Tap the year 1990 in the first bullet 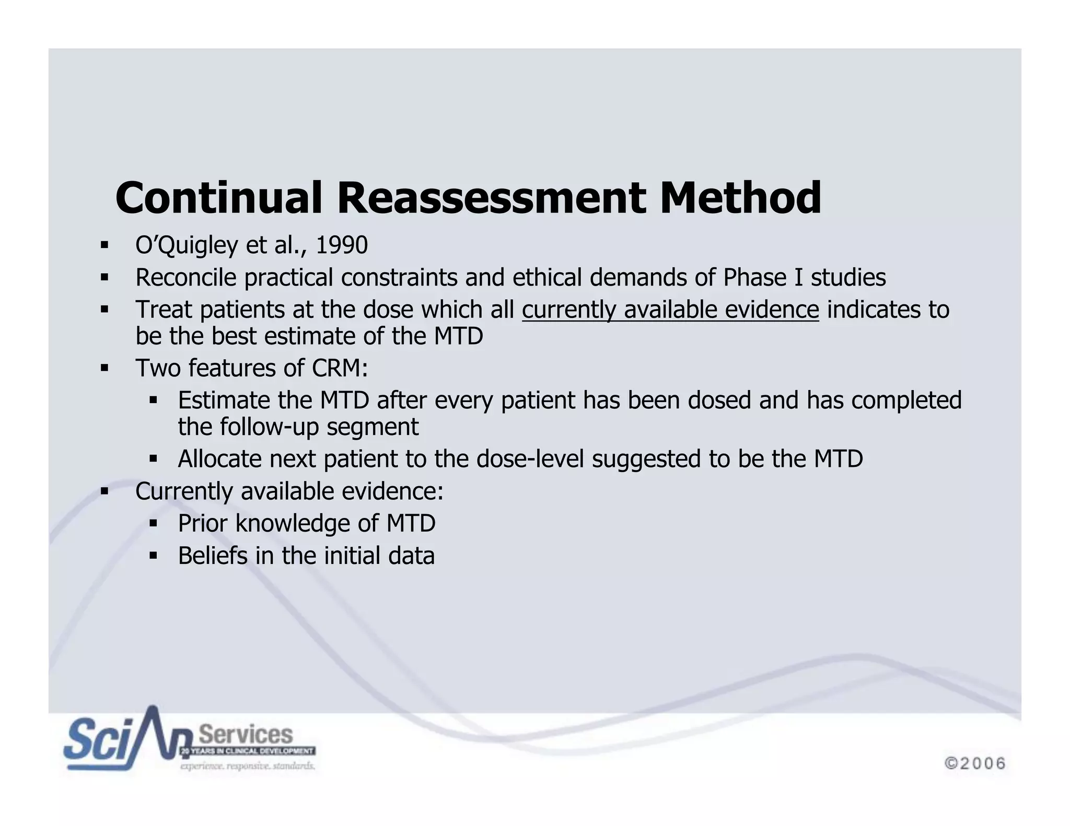pyautogui.click(x=342, y=245)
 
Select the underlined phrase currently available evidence pyautogui.click(x=670, y=310)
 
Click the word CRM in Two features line pyautogui.click(x=340, y=368)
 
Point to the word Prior pyautogui.click(x=203, y=523)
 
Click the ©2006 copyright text pyautogui.click(x=975, y=763)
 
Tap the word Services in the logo pyautogui.click(x=246, y=735)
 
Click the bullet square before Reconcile pyautogui.click(x=104, y=277)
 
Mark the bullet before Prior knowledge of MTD pyautogui.click(x=153, y=523)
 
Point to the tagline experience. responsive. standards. pyautogui.click(x=248, y=766)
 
